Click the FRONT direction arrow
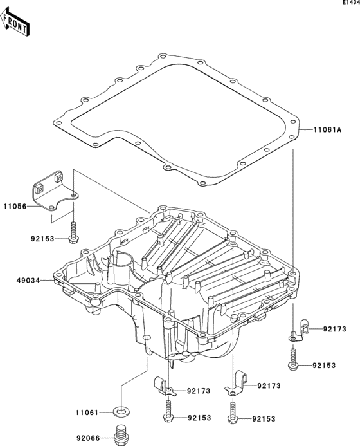[x=14, y=22]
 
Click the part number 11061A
[x=328, y=130]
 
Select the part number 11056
[x=15, y=206]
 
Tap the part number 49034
[x=28, y=281]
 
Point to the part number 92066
[x=88, y=438]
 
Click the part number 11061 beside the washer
[x=87, y=413]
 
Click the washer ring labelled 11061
[x=120, y=411]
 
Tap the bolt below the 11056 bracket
[x=73, y=232]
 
